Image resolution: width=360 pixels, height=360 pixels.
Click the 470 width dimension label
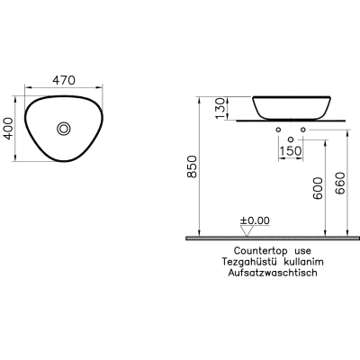tap(64, 80)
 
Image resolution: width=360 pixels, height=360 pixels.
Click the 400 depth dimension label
tap(8, 129)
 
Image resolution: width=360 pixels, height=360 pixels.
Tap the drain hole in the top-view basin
tap(64, 129)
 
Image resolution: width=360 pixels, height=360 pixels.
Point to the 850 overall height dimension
tap(192, 166)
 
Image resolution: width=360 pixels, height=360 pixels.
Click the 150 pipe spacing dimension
tap(290, 151)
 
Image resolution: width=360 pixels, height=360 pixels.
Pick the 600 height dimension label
tap(318, 188)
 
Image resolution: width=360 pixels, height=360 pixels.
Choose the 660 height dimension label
tap(340, 183)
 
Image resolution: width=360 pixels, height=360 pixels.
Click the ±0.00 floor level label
tap(255, 220)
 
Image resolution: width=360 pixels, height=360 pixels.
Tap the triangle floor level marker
tap(247, 231)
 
